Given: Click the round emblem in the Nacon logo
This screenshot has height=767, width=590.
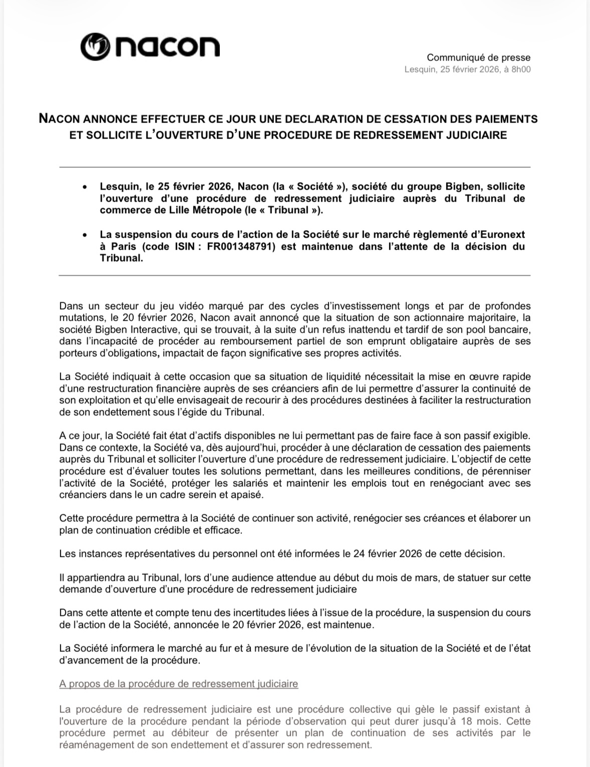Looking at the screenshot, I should pyautogui.click(x=95, y=47).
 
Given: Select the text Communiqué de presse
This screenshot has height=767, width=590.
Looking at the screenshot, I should pyautogui.click(x=478, y=58).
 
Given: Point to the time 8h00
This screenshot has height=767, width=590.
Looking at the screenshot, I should pyautogui.click(x=520, y=70).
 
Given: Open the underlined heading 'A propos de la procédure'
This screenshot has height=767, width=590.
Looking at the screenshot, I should pyautogui.click(x=178, y=683).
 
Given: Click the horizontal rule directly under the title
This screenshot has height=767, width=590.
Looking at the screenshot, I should pyautogui.click(x=294, y=167).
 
